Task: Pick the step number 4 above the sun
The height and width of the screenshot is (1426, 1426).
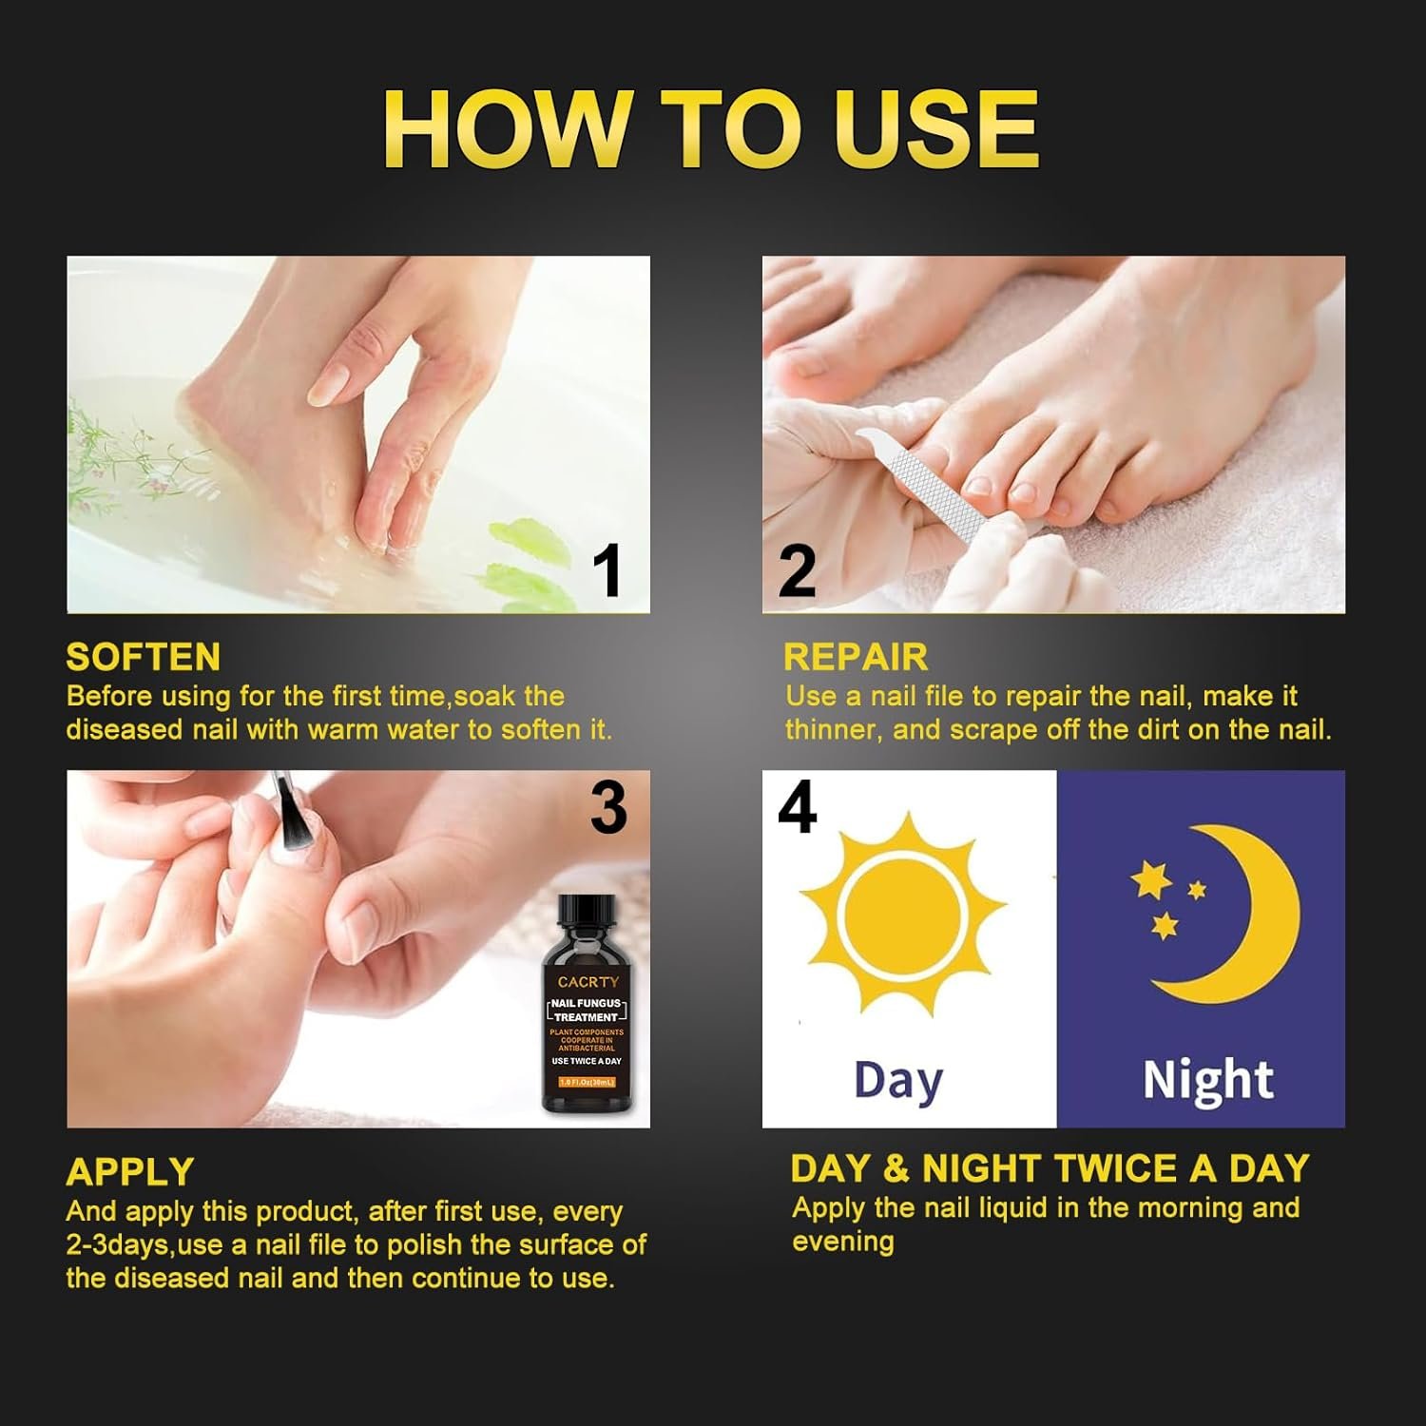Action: point(797,808)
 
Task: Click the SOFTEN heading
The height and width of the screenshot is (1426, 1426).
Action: point(143,657)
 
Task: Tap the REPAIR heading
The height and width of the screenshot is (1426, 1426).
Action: point(856,657)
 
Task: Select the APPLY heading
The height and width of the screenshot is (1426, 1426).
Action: point(130,1171)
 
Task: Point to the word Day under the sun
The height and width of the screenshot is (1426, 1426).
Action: point(898,1081)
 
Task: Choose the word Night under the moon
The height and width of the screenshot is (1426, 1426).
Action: point(1207,1081)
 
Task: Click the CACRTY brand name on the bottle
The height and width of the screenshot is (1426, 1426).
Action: point(588,981)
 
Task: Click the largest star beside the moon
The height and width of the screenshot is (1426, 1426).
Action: point(1151,880)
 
